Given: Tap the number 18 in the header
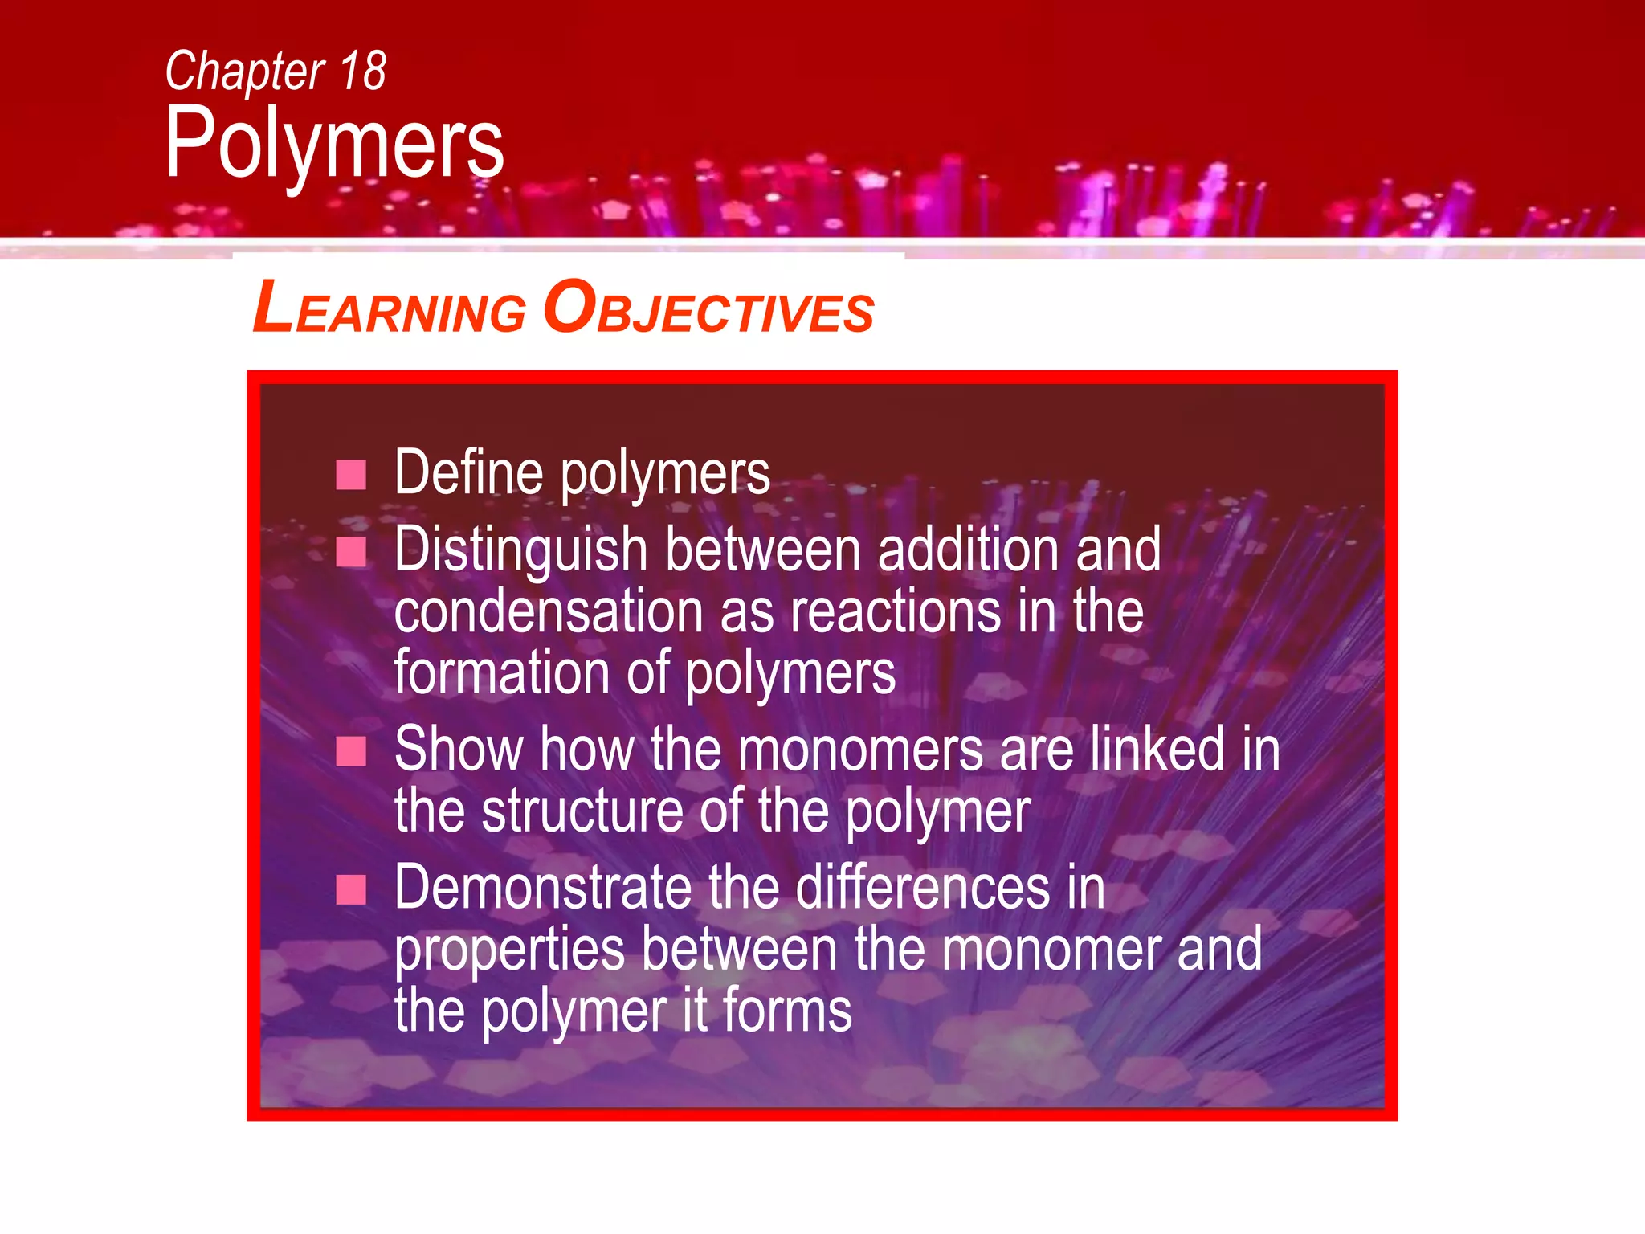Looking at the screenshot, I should click(363, 72).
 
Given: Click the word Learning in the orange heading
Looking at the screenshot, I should click(389, 309).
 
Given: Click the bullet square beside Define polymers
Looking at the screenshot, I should click(351, 475).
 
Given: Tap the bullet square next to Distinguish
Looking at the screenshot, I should click(351, 552).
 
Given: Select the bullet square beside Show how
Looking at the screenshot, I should click(351, 752).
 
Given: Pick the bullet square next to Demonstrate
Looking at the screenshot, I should click(351, 889).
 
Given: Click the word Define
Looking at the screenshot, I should click(469, 473).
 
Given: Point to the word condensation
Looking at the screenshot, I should click(549, 612).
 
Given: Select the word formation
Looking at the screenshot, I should click(501, 672).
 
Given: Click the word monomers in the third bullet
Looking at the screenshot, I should click(860, 750).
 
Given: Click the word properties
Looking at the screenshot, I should click(509, 950).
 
